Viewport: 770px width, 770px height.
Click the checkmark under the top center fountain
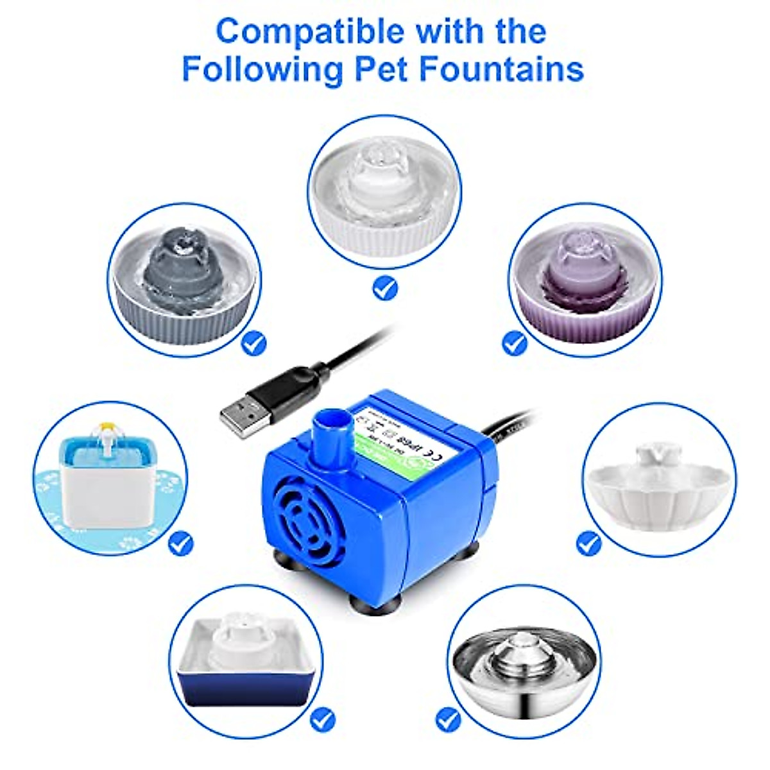tap(385, 286)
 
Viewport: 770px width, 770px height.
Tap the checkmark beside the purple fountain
tap(514, 343)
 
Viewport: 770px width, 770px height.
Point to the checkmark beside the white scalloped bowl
tap(588, 543)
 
